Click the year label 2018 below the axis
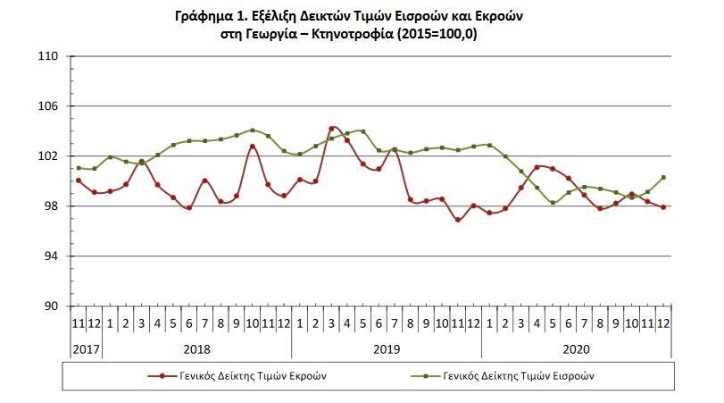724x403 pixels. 196,348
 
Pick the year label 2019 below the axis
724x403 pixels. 387,348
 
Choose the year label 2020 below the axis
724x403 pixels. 577,348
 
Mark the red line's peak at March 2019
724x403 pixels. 332,129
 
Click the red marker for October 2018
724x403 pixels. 253,146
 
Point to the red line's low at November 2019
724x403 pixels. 458,219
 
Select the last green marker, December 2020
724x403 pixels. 663,177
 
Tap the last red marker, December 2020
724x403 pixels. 663,207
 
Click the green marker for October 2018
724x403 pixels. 253,130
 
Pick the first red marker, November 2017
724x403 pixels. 79,181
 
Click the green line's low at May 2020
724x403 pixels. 553,203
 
